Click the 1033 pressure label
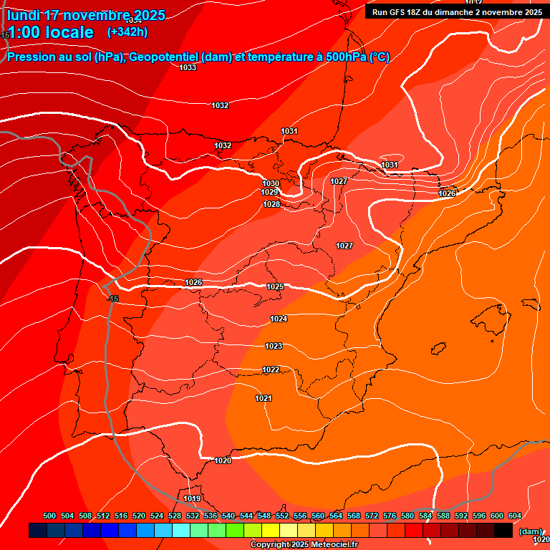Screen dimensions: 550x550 188,67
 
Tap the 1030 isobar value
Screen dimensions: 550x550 270,183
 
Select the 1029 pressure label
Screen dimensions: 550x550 269,192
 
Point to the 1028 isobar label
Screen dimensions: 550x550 271,204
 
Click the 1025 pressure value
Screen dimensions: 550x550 275,286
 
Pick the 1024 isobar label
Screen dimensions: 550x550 279,319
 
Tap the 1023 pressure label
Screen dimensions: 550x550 274,346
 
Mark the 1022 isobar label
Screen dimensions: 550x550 271,370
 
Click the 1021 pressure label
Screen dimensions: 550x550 264,398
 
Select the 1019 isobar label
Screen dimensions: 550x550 192,498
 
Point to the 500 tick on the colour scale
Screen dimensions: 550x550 49,516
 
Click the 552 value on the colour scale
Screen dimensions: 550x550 282,516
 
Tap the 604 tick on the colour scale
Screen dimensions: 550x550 515,516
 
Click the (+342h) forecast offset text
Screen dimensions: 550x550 127,32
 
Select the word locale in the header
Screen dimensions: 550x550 69,32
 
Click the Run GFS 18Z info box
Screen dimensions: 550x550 456,11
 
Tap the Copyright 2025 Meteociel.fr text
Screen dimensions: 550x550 304,545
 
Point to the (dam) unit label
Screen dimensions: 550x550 531,531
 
